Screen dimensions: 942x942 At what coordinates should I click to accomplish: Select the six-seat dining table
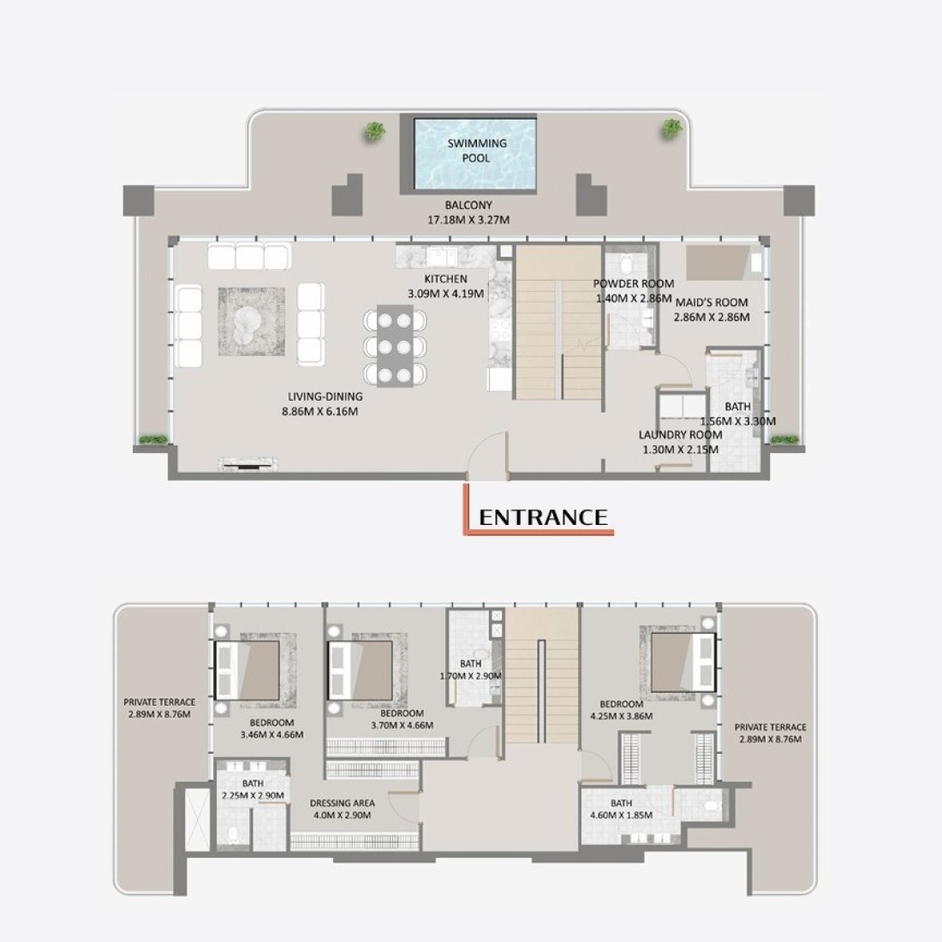396,345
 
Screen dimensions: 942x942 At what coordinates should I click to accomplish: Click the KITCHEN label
446,279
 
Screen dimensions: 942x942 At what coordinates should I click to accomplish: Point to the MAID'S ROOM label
712,302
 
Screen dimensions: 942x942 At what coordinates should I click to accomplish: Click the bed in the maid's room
724,263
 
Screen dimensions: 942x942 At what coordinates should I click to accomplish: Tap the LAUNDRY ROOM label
680,434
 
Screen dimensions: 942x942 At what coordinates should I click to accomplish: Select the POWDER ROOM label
634,283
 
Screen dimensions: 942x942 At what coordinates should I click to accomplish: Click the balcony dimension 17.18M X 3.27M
468,220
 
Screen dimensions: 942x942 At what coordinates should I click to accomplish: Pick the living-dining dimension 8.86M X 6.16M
319,412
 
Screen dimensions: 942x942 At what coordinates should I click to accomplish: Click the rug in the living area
251,321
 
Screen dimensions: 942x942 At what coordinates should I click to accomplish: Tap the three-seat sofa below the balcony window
250,257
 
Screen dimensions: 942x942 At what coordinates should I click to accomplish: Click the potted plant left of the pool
375,131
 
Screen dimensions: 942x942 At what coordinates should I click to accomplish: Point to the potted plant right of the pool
671,128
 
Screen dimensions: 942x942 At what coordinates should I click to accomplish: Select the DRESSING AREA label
343,802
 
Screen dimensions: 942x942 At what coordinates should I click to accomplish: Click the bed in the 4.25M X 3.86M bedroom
683,663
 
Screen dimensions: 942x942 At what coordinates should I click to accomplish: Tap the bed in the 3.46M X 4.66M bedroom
247,670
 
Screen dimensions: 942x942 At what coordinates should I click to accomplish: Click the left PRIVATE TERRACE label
159,701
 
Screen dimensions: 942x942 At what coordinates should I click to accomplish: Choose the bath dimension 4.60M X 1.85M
621,815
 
